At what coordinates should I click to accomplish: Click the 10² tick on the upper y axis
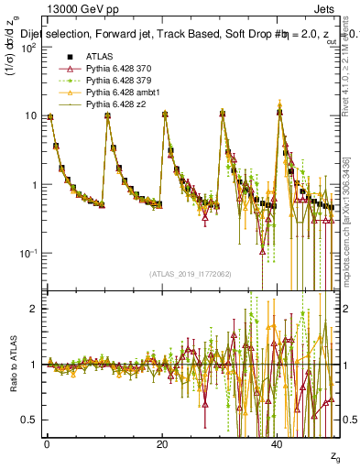click(x=28, y=47)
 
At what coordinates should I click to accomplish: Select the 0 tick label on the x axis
click(x=48, y=443)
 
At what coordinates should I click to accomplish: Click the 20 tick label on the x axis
click(x=162, y=443)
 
